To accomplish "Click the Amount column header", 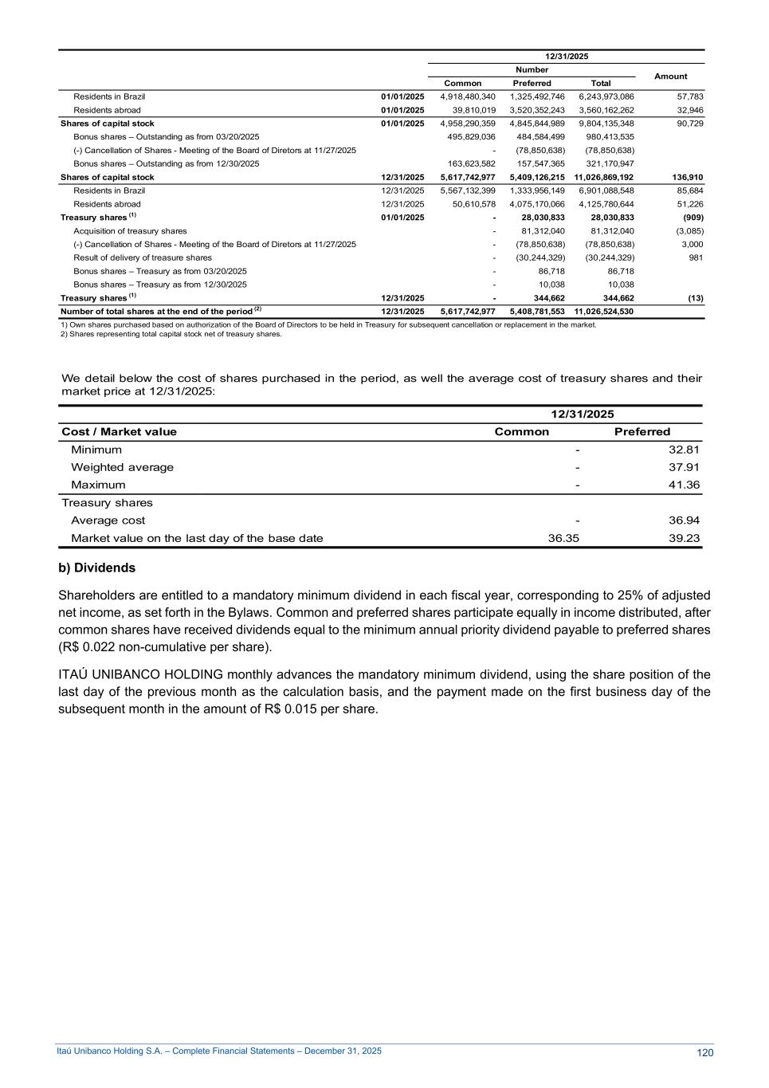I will pyautogui.click(x=670, y=77).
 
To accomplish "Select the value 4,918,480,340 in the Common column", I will pyautogui.click(x=468, y=96).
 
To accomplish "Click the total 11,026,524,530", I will pyautogui.click(x=603, y=312).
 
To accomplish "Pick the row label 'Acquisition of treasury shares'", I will pyautogui.click(x=130, y=231).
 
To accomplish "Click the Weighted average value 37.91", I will pyautogui.click(x=684, y=467).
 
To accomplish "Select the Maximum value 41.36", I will pyautogui.click(x=684, y=485).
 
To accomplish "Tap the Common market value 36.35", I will pyautogui.click(x=563, y=538).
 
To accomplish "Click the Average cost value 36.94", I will pyautogui.click(x=684, y=520).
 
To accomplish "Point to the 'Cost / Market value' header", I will pyautogui.click(x=120, y=432).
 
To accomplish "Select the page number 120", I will pyautogui.click(x=704, y=1053).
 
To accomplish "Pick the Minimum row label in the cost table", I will pyautogui.click(x=96, y=450).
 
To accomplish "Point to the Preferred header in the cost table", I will pyautogui.click(x=642, y=432).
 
